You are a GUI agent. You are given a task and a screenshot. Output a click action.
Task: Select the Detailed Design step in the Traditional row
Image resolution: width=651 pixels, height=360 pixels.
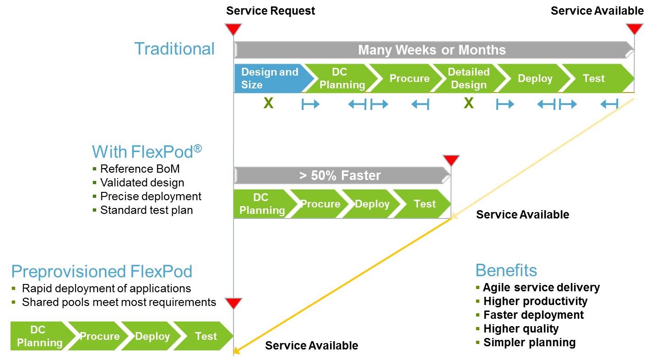click(469, 78)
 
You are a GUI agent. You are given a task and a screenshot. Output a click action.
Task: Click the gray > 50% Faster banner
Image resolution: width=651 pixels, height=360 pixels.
click(342, 175)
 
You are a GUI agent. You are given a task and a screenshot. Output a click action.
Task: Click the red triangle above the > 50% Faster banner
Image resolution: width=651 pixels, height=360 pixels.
click(451, 160)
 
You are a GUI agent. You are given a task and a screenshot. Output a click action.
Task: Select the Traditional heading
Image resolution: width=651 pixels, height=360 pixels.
click(174, 49)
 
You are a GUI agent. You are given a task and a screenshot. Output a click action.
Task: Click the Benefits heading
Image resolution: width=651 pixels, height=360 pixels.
click(506, 270)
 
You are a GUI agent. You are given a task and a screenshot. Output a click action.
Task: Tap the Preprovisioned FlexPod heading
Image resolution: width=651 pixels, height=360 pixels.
click(102, 271)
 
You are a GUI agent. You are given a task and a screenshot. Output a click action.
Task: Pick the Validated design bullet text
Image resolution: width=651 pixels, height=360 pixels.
click(142, 183)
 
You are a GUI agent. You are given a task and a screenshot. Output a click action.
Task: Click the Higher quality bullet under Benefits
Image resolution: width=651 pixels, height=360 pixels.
click(521, 329)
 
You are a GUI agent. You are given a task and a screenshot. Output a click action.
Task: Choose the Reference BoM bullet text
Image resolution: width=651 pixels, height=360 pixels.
click(140, 169)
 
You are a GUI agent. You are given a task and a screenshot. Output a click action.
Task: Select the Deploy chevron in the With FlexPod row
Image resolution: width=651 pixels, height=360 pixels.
click(370, 204)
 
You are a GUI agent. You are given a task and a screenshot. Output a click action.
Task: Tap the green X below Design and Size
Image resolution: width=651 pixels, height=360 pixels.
click(269, 103)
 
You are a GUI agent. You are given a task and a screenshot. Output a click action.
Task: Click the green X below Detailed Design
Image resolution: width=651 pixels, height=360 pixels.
click(469, 103)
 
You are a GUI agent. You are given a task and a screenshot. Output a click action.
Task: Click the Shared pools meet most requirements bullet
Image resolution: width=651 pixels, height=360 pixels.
click(119, 302)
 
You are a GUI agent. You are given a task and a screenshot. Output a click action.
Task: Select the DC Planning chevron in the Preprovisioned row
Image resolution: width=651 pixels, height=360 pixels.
click(39, 336)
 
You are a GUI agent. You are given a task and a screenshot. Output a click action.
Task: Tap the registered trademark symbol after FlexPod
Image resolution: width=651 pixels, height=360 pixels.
click(198, 148)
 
